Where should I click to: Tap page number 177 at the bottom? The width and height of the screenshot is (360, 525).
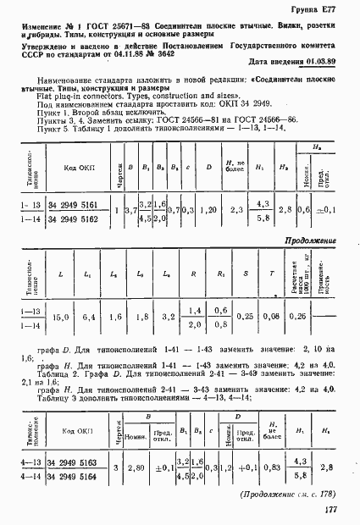click(x=329, y=508)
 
